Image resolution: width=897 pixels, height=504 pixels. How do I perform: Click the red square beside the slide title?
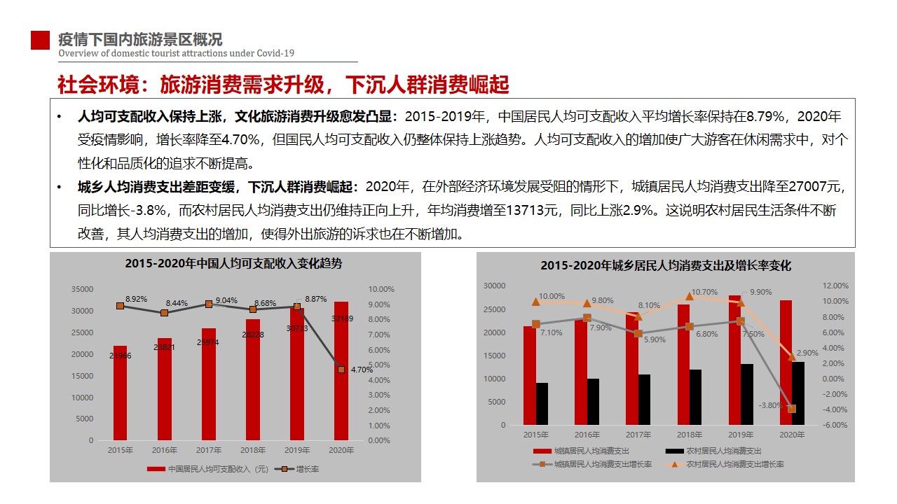(40, 41)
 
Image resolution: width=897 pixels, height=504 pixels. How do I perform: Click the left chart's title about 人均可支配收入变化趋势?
(234, 264)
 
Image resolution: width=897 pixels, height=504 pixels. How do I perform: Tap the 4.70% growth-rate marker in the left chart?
(341, 369)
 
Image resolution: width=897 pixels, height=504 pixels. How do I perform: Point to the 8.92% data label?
(137, 299)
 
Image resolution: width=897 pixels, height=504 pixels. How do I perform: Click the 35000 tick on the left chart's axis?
(83, 289)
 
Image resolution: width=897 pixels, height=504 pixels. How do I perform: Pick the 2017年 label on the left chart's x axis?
(209, 450)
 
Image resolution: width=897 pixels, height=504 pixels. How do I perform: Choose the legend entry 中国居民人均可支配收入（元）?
(210, 468)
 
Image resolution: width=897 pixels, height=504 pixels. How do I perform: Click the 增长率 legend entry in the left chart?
(307, 468)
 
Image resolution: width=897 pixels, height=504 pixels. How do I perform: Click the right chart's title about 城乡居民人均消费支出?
(665, 266)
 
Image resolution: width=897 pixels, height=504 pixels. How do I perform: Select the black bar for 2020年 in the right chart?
(798, 393)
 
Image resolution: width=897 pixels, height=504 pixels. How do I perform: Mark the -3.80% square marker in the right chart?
(792, 409)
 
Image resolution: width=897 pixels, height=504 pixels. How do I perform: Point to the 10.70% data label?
(705, 292)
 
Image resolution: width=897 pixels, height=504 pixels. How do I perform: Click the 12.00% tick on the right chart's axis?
(835, 286)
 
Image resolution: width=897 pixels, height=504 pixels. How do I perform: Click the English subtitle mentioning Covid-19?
(176, 53)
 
